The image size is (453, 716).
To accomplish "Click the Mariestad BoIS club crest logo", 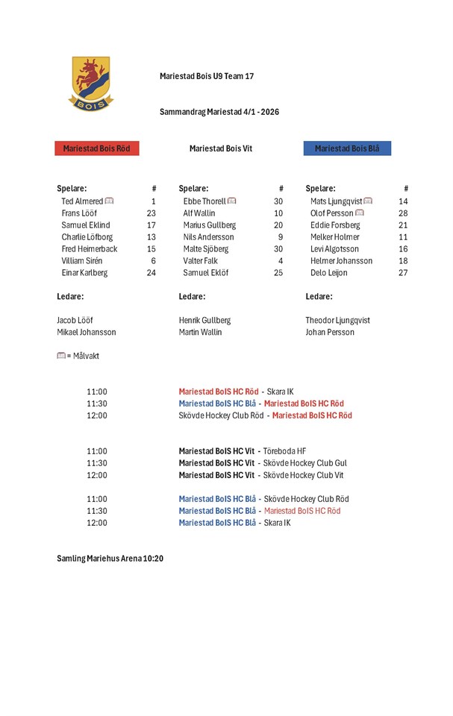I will pos(91,84).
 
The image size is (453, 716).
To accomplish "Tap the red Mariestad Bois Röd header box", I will pos(96,148).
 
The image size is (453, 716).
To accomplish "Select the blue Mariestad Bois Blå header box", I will pos(347,148).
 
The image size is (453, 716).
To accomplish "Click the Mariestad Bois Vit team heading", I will pos(221,148).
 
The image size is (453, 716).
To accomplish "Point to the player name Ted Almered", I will pos(82,201).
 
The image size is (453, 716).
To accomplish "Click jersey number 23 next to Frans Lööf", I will pos(151,213).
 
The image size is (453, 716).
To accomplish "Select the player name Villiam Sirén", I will pos(82,261).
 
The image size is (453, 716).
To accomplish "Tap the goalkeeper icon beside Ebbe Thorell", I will pos(232,201).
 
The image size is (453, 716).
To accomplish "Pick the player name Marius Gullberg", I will pos(210,225).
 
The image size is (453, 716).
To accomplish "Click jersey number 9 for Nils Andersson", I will pos(280,237).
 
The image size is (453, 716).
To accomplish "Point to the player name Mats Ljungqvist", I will pos(336,201).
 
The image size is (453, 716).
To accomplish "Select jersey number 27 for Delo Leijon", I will pos(403,273).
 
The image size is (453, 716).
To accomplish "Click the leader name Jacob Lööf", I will pos(75,321).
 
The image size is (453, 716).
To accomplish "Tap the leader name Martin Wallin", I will pos(200,333).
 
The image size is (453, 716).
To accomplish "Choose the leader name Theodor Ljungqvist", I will pos(337,321).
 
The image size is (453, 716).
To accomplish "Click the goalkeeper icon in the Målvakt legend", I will pos(61,357).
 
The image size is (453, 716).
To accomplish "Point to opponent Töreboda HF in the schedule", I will pos(285,451).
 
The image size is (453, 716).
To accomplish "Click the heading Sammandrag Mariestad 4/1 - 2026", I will pos(219,112).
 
